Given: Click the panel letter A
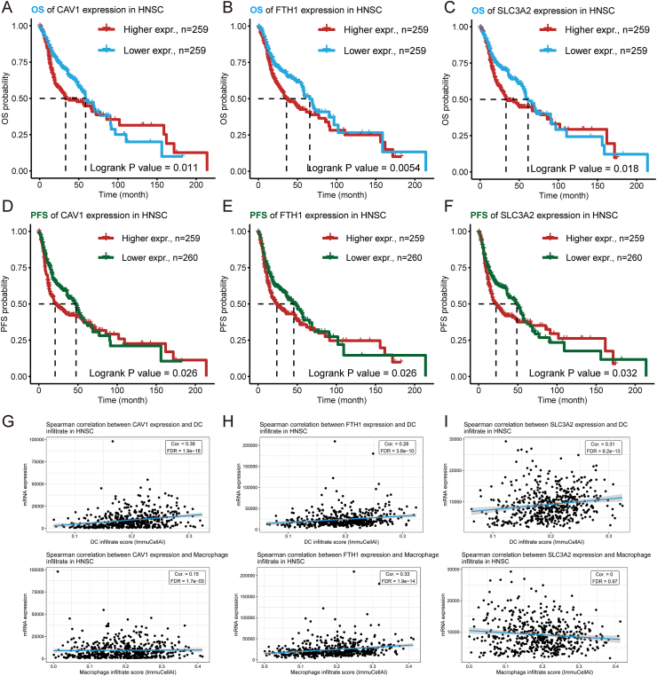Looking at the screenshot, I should (6, 8).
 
